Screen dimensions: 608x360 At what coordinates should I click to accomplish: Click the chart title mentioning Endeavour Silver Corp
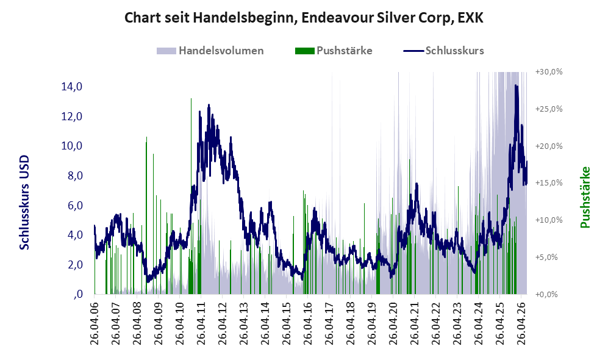point(304,18)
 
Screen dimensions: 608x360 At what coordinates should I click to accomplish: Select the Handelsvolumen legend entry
point(210,51)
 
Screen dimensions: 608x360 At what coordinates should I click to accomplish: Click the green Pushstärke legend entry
point(334,51)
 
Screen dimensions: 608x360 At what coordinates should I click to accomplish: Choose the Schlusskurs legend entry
point(443,51)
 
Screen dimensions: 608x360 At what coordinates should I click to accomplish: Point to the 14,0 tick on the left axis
point(72,87)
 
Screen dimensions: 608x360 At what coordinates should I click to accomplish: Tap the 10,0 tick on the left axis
point(72,146)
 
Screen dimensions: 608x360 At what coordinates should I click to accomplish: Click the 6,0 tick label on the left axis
point(75,205)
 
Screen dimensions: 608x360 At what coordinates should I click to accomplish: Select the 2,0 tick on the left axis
point(75,265)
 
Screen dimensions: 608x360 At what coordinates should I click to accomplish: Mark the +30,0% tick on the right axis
point(549,72)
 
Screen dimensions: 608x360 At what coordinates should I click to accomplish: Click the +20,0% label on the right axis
point(549,146)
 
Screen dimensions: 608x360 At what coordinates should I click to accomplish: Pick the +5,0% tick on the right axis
point(546,257)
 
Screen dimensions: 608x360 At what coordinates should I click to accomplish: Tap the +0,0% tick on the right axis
point(546,295)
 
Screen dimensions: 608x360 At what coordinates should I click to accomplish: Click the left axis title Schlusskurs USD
point(24,203)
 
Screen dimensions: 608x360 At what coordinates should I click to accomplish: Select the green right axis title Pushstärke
point(585,198)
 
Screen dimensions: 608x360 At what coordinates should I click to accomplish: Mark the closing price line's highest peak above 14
point(516,85)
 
